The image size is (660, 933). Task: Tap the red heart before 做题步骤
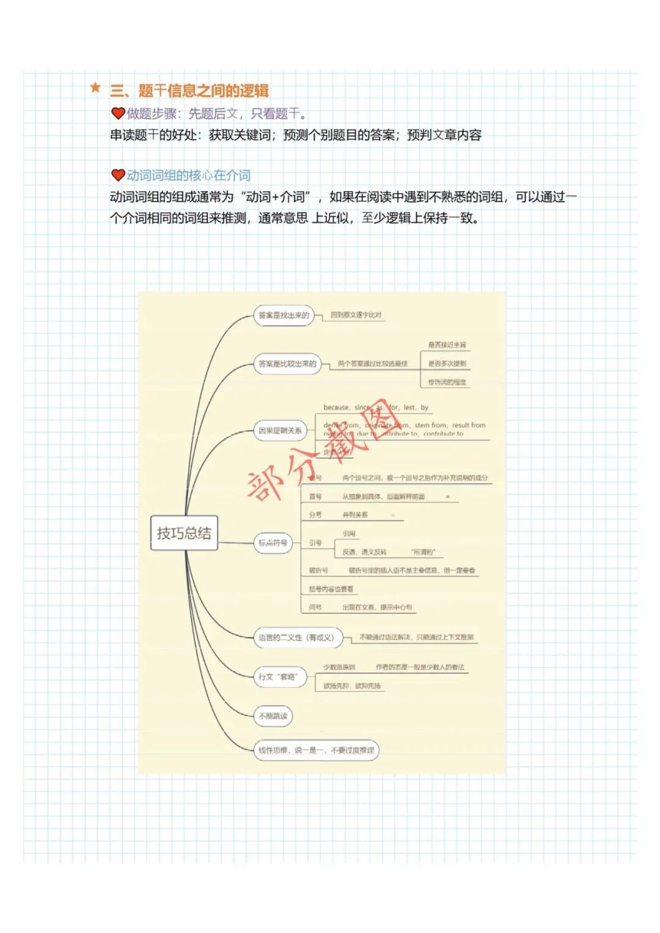(118, 113)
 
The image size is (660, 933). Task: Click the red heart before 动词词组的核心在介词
(118, 175)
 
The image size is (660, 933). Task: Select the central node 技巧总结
(184, 533)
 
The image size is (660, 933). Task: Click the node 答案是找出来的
(284, 316)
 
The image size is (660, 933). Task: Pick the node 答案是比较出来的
(287, 364)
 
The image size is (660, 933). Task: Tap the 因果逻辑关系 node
(280, 430)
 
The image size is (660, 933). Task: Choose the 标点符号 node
(273, 542)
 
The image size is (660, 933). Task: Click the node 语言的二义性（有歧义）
(298, 637)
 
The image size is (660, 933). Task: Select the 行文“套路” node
(279, 677)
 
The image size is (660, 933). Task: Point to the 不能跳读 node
(273, 716)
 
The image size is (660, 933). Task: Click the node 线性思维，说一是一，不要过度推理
(316, 750)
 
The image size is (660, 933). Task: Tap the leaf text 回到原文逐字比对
(356, 315)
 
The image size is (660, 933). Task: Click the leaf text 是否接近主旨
(447, 345)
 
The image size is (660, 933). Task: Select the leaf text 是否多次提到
(447, 363)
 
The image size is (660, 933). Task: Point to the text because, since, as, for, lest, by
(375, 407)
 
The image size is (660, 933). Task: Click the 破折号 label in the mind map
(318, 570)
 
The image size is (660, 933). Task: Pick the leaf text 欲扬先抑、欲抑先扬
(352, 686)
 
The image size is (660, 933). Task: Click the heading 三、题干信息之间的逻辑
(189, 90)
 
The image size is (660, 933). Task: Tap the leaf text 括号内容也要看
(331, 589)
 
